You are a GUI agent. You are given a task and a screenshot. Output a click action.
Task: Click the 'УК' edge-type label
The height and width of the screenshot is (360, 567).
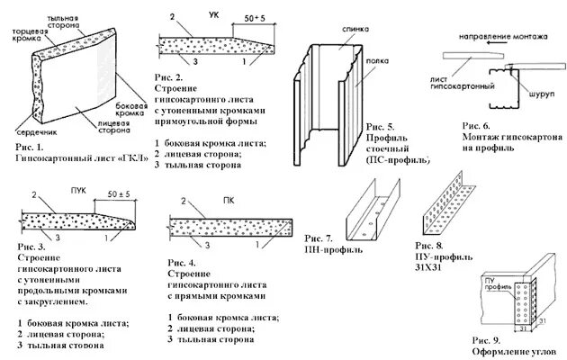pyautogui.click(x=213, y=15)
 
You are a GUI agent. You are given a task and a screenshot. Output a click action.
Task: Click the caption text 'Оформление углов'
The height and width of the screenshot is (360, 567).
pyautogui.click(x=508, y=352)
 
